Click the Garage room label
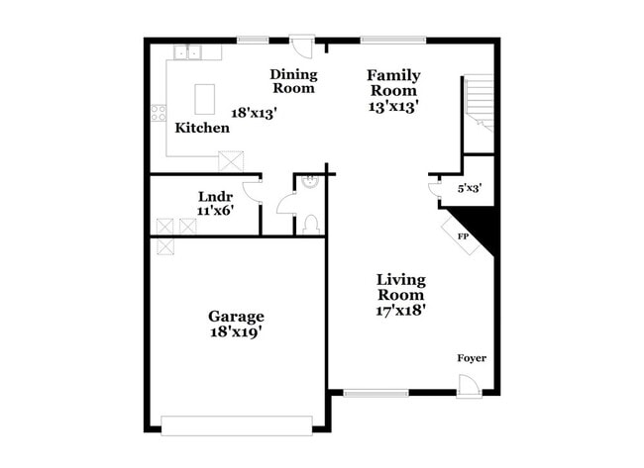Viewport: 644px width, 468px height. coord(236,317)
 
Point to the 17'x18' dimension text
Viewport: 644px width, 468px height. coord(400,310)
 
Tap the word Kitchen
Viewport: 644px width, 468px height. coord(202,128)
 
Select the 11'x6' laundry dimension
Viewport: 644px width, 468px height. coord(215,210)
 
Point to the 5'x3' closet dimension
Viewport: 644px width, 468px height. coord(470,186)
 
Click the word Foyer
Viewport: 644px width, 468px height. coord(472,358)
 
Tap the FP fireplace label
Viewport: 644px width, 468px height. coord(462,237)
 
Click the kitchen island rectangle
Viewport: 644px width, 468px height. coord(205,98)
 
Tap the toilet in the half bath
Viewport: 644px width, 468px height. coord(309,224)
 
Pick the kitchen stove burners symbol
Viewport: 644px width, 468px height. coord(158,113)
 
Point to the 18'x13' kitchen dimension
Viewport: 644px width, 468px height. coord(254,113)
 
